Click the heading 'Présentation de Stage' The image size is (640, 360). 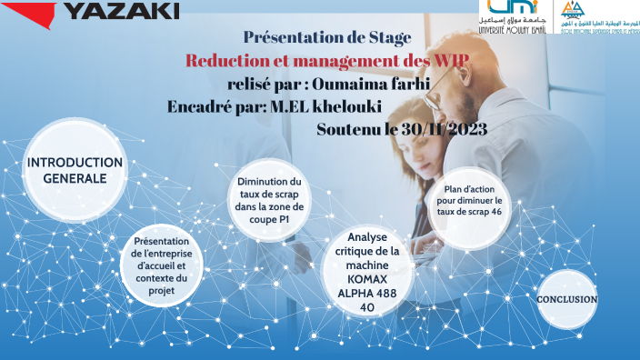click(327, 38)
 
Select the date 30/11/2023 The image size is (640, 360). click(435, 129)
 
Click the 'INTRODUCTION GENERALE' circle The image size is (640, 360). click(75, 170)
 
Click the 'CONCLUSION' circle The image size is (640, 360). click(566, 299)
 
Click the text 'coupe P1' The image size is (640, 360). click(268, 220)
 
